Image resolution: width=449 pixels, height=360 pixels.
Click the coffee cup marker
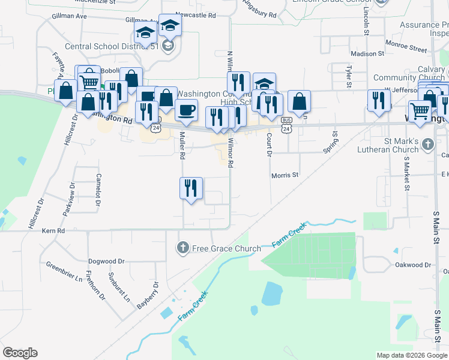pos(187,109)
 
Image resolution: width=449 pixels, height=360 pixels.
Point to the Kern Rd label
pos(53,230)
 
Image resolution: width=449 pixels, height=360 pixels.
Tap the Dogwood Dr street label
pos(106,262)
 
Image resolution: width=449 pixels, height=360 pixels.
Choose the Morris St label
pos(285,175)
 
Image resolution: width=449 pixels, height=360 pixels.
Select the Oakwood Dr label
pos(414,265)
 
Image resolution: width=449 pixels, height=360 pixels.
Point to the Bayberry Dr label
pos(147,295)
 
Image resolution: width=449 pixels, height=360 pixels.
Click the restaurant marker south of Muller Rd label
pos(191,188)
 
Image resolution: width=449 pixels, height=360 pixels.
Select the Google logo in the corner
pos(20,353)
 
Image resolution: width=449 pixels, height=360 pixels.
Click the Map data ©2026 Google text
pos(412,355)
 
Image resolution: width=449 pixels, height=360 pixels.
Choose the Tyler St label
pos(348,76)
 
